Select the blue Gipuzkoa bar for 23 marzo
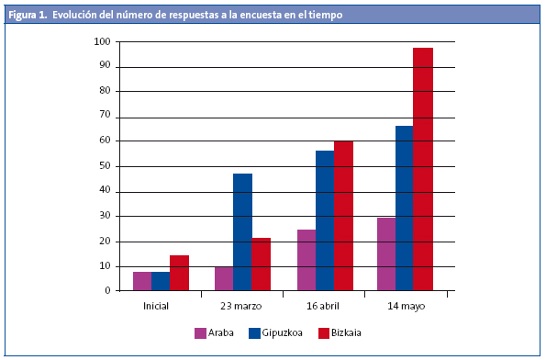242,231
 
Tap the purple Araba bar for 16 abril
306,260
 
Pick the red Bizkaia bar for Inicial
179,273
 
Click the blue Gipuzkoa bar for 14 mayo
404,208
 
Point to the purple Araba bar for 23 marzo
223,278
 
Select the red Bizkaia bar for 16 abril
343,216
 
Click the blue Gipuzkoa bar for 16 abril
325,220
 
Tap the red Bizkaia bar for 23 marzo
261,264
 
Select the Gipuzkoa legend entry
277,333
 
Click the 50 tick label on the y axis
106,166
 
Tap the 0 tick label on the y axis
108,291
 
